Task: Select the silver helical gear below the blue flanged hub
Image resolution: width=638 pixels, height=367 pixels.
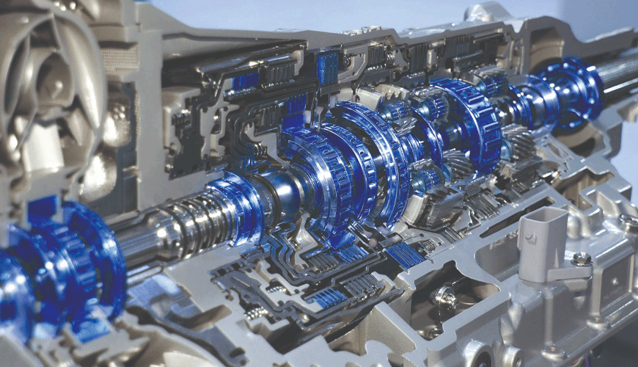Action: pyautogui.click(x=517, y=142)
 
